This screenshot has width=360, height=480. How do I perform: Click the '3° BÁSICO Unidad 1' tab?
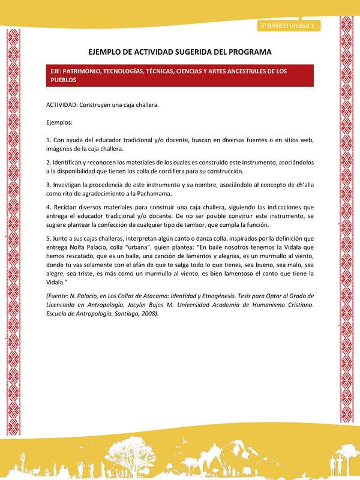(x=289, y=26)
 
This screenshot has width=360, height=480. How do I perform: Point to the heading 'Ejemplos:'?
(x=59, y=122)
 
